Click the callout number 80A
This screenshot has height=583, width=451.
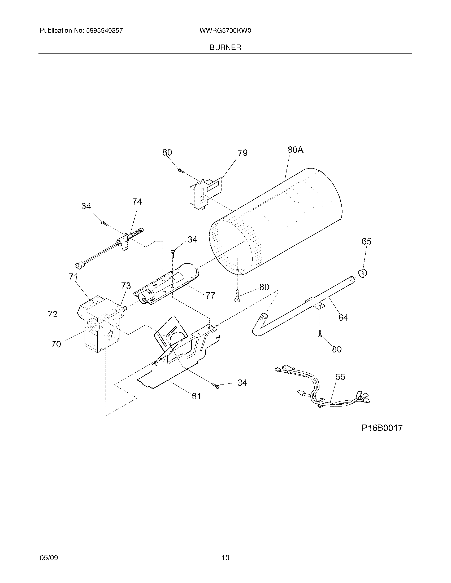coord(295,150)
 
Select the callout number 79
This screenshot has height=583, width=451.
coord(242,153)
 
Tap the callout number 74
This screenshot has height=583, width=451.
coord(137,202)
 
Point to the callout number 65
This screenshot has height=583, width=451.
coord(366,242)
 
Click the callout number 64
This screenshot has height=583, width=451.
coord(343,318)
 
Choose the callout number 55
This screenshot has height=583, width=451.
coord(340,377)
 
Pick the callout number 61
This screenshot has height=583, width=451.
coord(196,396)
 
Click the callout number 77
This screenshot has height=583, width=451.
coord(210,295)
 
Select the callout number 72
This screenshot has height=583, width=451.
coord(53,314)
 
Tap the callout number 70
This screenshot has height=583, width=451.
coord(56,344)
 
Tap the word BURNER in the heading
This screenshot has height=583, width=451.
coord(225,47)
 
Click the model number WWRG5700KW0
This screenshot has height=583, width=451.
coord(225,31)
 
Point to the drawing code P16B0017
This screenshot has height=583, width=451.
coord(382,428)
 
